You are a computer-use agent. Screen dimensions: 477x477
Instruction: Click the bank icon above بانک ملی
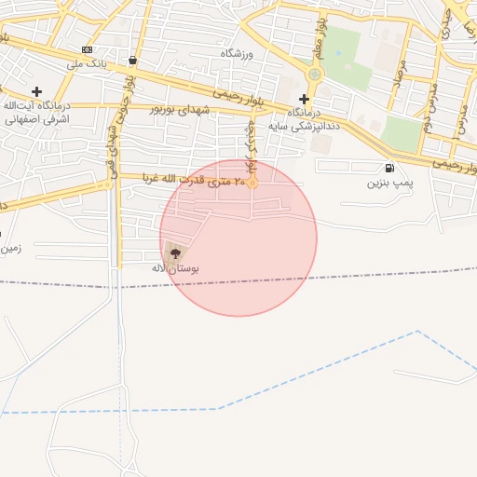[88, 50]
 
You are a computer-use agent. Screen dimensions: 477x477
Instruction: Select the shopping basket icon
[133, 61]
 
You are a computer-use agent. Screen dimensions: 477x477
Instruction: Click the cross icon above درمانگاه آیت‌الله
[36, 91]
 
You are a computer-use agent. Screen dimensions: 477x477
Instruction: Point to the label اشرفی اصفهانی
[37, 119]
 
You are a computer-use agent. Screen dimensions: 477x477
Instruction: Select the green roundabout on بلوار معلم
[315, 75]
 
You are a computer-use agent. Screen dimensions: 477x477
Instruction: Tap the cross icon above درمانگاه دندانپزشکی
[304, 99]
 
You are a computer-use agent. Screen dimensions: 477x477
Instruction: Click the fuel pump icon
[388, 168]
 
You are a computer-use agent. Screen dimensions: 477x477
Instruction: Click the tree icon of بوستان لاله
[174, 252]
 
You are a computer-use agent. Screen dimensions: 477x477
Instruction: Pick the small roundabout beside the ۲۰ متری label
[252, 183]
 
